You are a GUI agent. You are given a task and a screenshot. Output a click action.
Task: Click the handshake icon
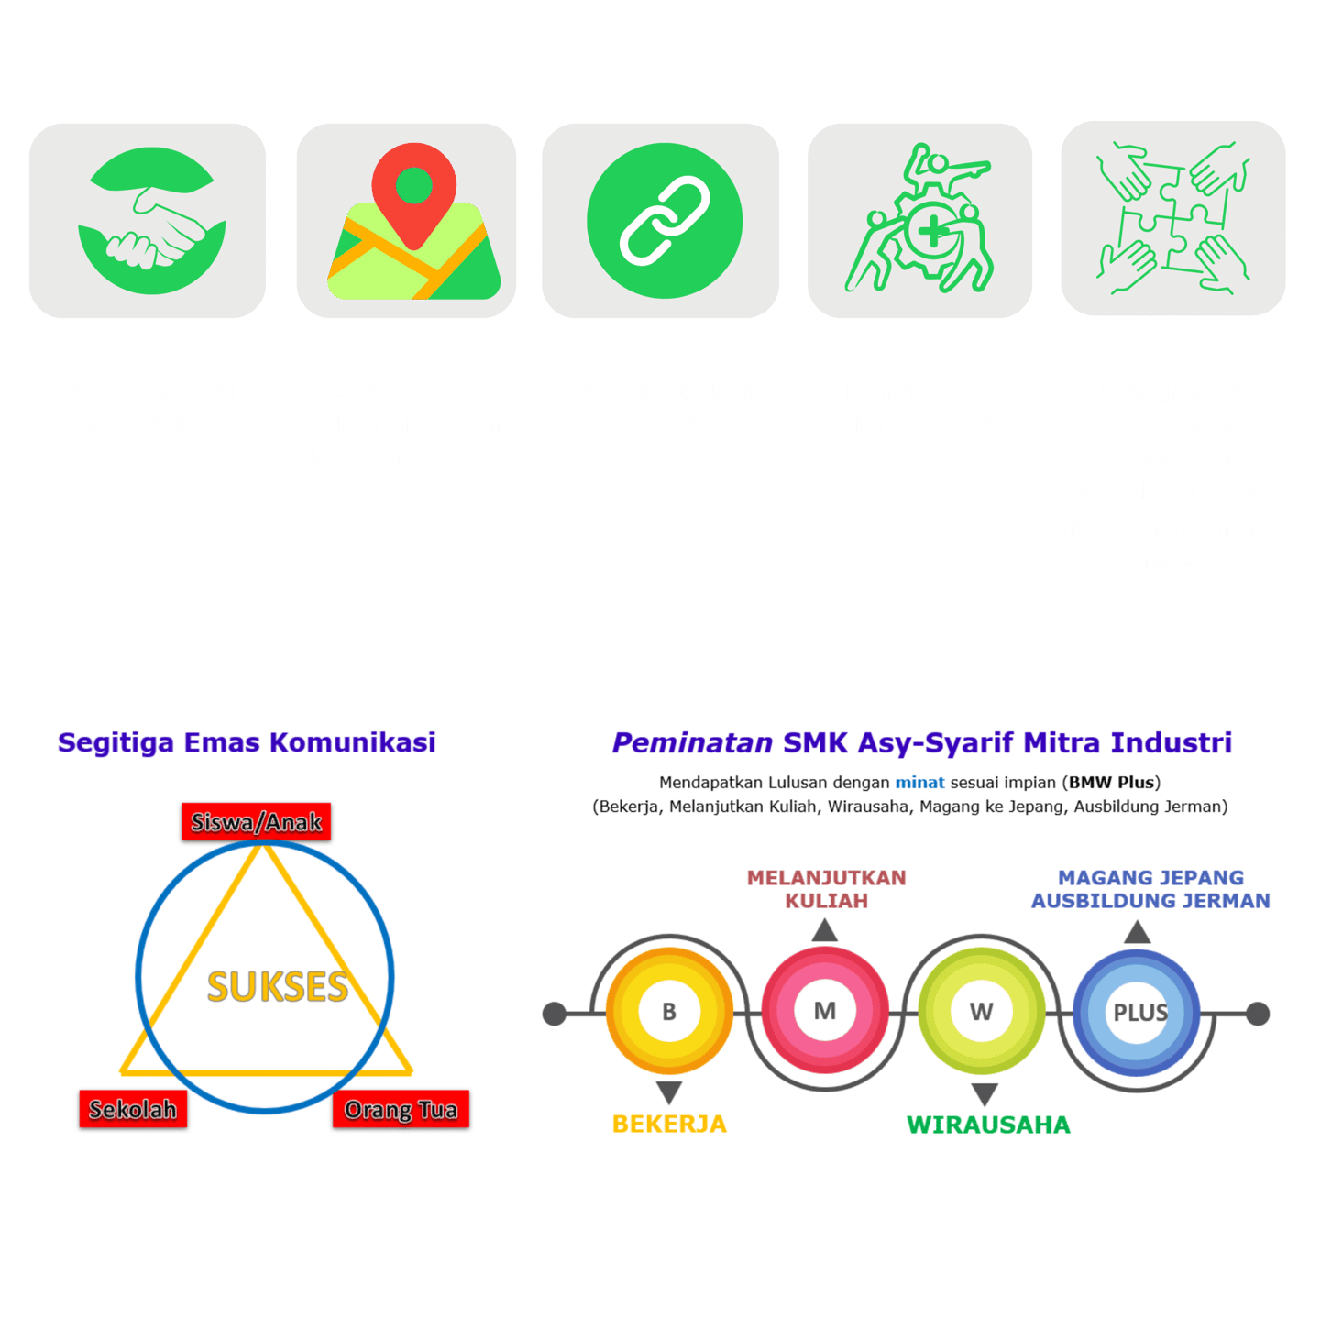coord(151,221)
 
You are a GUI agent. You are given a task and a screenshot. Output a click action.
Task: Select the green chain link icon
coord(664,221)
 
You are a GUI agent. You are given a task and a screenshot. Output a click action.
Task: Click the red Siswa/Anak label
coord(256,822)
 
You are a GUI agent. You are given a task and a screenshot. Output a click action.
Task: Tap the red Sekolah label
coord(133,1109)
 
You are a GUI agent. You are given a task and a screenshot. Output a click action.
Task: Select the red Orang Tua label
coord(401,1109)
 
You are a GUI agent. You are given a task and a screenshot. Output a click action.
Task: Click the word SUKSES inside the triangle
coord(277,987)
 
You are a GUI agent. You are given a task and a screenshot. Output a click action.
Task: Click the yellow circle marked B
coord(669,1012)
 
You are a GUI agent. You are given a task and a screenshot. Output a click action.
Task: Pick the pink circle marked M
coord(825,1011)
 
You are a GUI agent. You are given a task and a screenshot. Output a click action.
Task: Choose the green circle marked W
coord(981,1012)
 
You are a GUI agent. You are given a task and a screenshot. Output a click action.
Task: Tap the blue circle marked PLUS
coord(1139,1013)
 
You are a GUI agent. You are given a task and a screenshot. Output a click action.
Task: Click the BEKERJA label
coord(669,1124)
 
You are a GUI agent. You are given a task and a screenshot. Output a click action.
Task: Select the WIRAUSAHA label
coord(988,1125)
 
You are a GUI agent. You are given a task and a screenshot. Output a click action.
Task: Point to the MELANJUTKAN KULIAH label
coord(826,889)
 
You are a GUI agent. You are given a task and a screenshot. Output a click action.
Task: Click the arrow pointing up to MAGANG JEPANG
coord(1138,933)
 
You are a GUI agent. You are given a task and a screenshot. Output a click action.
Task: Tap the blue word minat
coord(919,783)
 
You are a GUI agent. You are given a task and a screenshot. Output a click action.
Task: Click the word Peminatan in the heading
coord(692,742)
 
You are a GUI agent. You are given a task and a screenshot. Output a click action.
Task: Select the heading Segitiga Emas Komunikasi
coord(247,742)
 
